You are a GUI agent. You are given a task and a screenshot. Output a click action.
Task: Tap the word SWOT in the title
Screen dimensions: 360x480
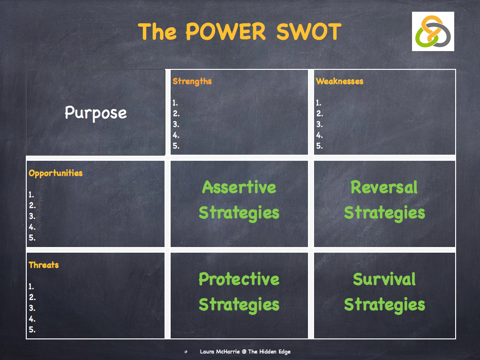coord(308,32)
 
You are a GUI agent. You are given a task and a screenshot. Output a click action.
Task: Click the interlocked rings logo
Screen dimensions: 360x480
coord(433,31)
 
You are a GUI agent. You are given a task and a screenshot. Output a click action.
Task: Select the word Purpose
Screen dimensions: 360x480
coord(96,113)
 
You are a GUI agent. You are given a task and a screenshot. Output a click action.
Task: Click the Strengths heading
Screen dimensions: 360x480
coord(192,82)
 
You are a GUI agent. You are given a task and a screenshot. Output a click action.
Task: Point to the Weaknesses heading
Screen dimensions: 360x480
coord(339,82)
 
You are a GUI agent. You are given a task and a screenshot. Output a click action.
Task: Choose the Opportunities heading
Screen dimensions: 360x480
coord(55,173)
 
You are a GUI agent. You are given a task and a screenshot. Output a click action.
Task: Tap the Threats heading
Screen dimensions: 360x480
coord(44,265)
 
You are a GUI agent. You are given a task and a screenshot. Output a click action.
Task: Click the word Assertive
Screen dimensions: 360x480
coord(239,187)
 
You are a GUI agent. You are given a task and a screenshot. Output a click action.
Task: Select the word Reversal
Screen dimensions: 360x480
coord(384,187)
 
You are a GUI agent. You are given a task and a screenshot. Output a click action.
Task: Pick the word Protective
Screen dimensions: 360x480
coord(239,279)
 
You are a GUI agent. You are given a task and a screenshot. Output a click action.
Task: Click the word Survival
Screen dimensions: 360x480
coord(384,279)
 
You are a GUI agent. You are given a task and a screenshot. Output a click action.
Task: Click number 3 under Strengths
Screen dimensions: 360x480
coord(176,125)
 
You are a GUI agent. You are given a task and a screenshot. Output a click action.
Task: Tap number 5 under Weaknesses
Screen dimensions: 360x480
coord(319,146)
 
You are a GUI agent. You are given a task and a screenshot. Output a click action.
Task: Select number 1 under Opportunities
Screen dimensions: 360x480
coord(31,195)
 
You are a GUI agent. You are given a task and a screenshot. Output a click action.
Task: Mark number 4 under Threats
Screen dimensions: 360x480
coord(32,319)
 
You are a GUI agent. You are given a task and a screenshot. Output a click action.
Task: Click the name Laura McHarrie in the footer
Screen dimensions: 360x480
coord(220,352)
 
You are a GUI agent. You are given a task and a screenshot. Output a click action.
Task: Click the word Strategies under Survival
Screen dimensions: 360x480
coord(384,305)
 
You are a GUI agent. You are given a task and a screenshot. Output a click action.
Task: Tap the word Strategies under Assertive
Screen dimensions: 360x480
coord(239,213)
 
